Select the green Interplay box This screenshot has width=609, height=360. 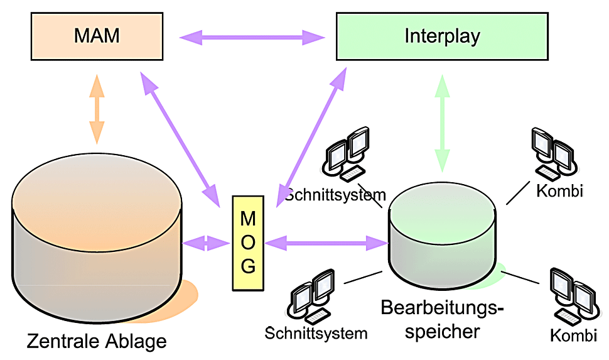442,36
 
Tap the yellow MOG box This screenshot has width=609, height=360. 248,243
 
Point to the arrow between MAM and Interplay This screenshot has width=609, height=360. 252,38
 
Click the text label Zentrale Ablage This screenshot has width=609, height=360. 97,341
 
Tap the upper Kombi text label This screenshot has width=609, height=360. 559,190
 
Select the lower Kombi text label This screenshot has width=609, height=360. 573,335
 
